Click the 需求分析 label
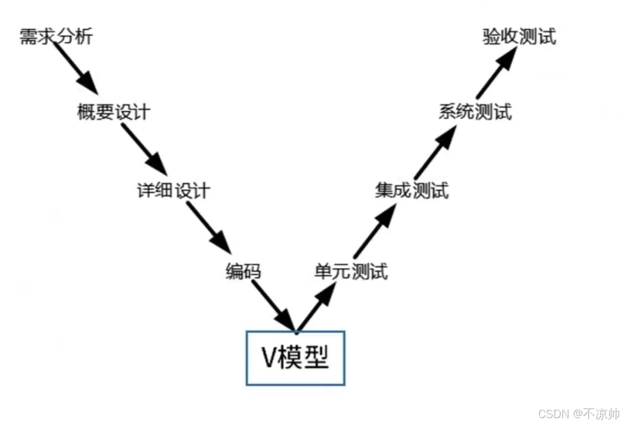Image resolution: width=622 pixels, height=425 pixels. coord(56,37)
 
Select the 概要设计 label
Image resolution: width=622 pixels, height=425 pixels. coord(114,112)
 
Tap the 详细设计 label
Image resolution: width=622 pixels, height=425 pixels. coord(173,190)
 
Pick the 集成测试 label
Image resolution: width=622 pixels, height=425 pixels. coord(411,190)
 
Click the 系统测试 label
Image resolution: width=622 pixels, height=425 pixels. coord(475,112)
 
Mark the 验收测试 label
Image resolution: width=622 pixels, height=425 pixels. coord(519,37)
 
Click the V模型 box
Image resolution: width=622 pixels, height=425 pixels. coord(296,357)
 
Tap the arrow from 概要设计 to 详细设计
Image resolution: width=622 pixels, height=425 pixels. coord(144,149)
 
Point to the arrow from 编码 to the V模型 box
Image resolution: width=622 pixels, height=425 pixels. coord(274,306)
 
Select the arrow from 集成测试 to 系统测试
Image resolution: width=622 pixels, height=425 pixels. coord(435,152)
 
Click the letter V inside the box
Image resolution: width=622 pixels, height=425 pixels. coord(268,358)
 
